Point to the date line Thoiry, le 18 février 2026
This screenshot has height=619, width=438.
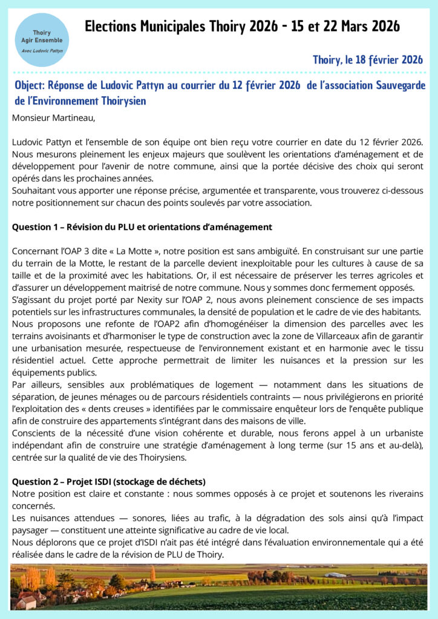(x=367, y=60)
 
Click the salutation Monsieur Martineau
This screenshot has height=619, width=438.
(x=54, y=118)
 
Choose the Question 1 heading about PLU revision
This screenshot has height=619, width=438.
(x=142, y=227)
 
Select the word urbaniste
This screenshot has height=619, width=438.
(x=404, y=433)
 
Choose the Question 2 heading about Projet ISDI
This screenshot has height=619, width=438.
(x=109, y=482)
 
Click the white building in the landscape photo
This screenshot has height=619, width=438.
(x=335, y=575)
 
